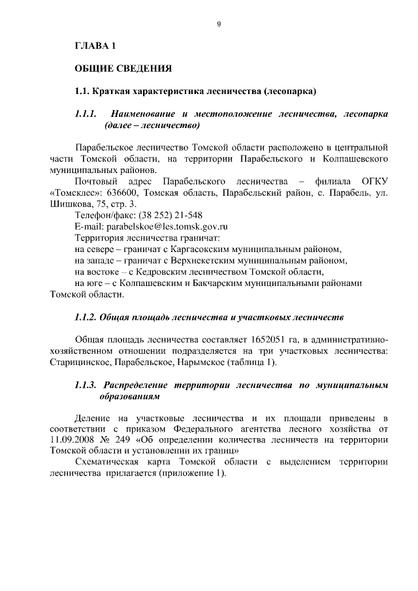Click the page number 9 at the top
219,24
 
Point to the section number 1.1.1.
86,114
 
